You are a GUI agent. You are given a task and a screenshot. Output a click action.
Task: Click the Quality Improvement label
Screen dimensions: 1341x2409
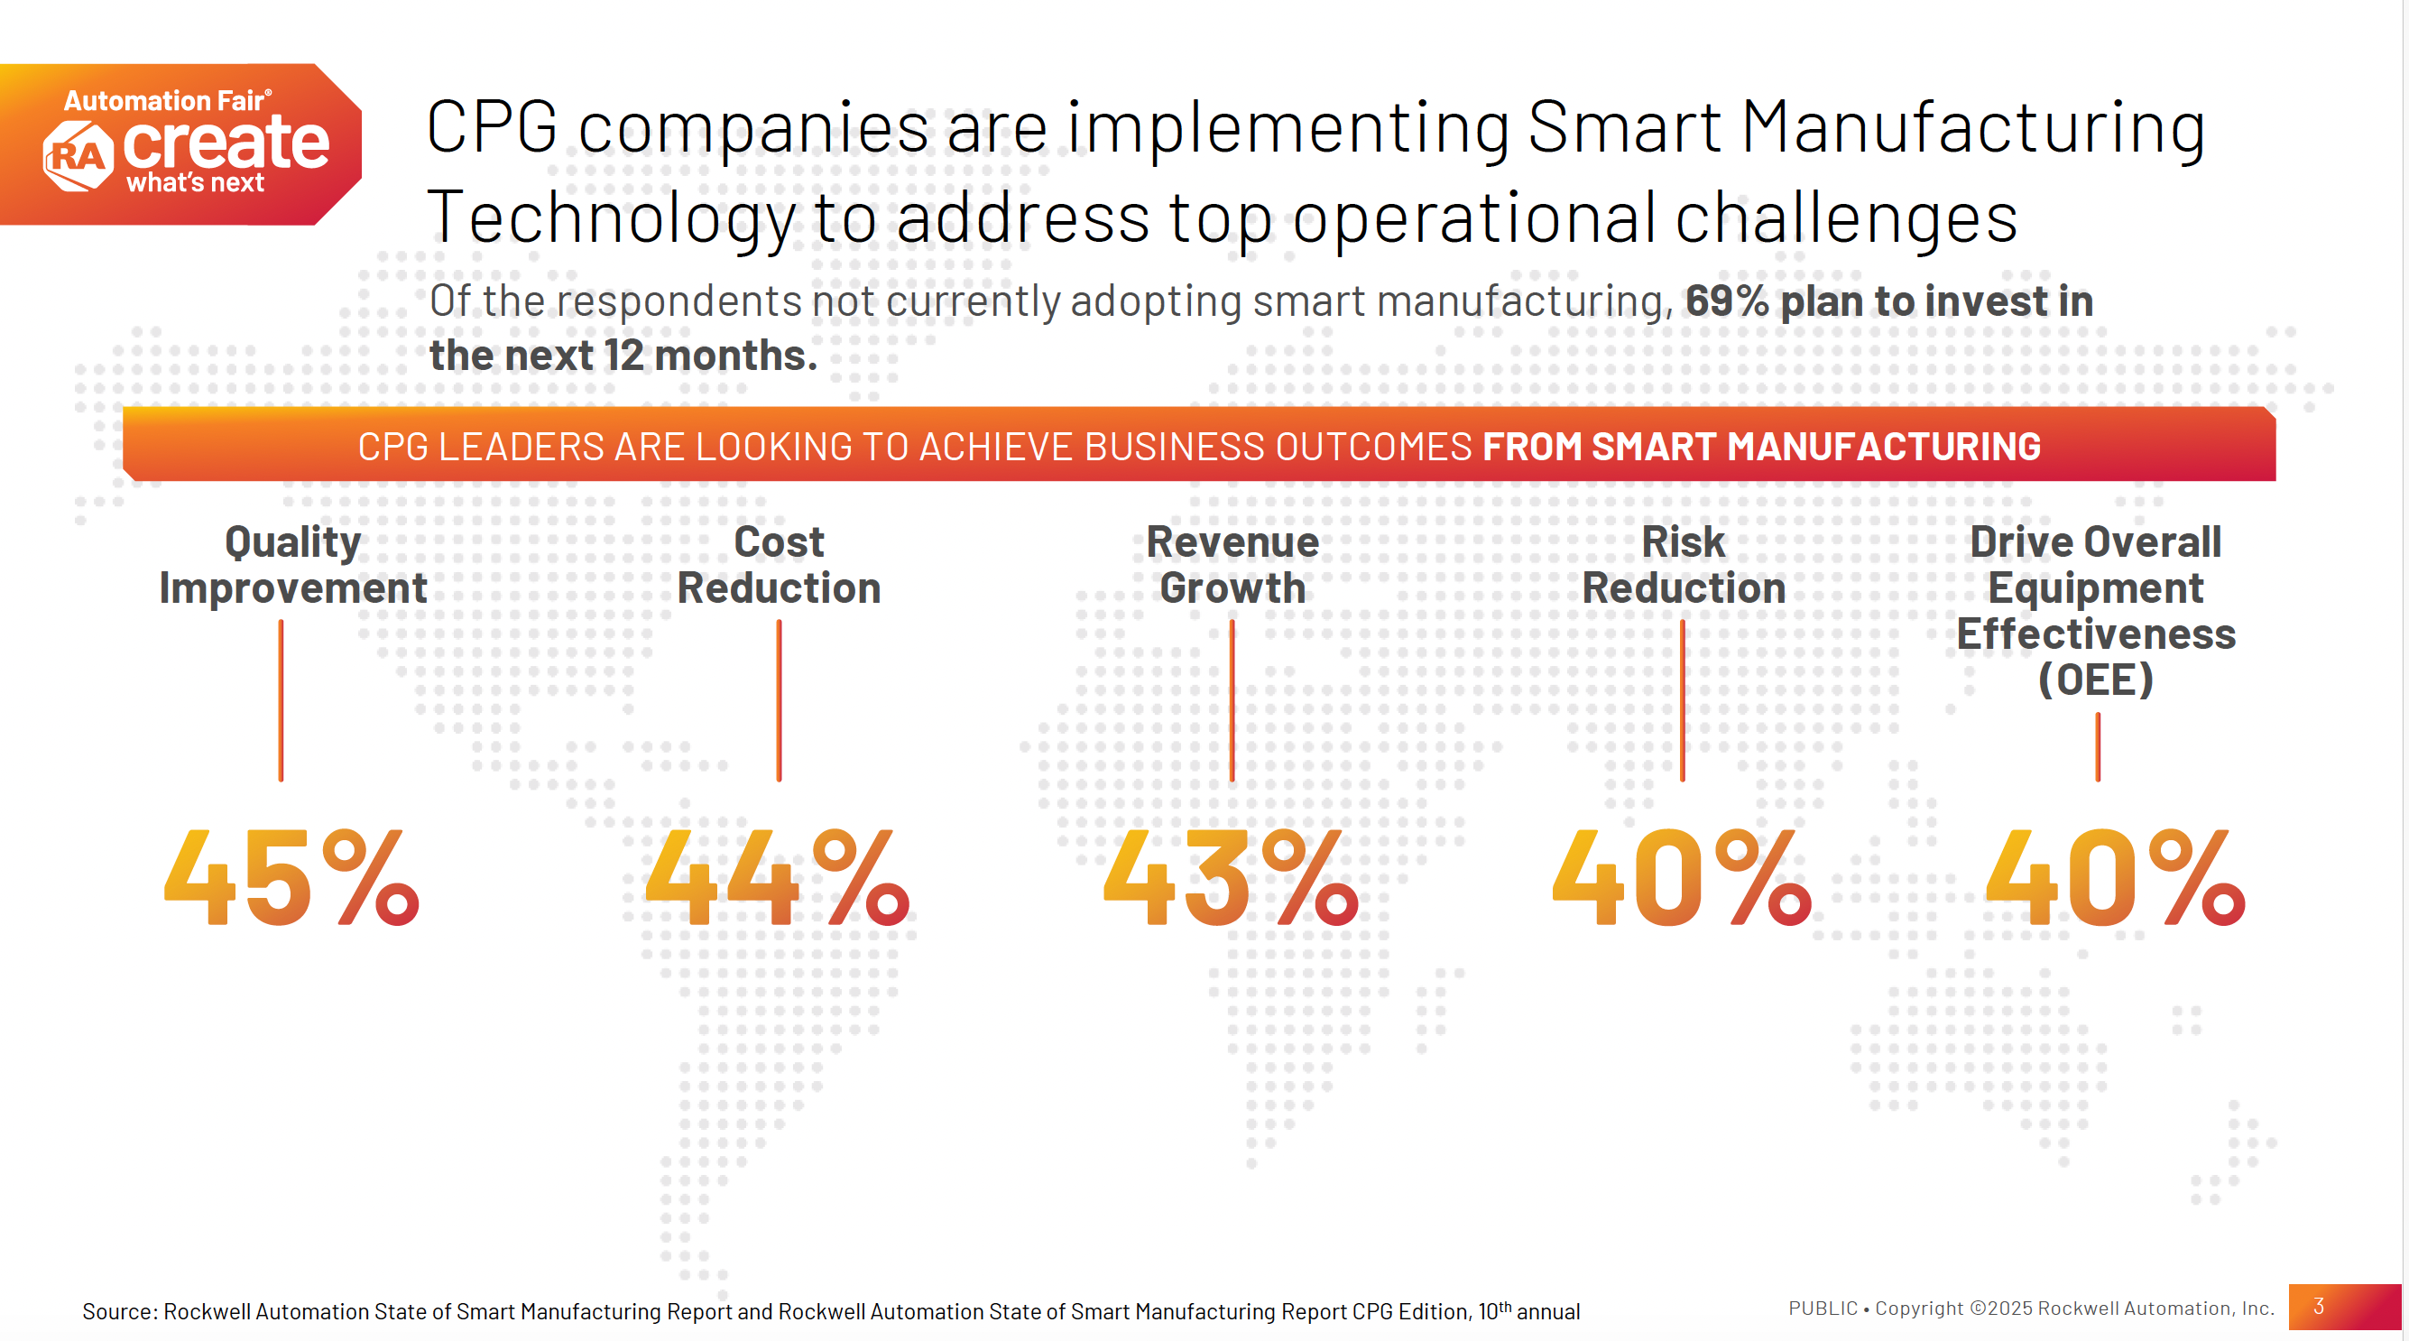click(x=292, y=565)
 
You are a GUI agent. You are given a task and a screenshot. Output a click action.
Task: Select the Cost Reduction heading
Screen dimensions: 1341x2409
click(x=779, y=565)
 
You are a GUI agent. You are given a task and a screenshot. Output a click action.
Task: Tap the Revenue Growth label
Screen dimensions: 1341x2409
click(x=1232, y=565)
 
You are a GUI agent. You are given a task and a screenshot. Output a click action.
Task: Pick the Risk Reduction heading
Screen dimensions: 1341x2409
click(x=1684, y=565)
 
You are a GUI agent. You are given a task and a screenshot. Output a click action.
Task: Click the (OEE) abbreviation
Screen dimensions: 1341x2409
click(x=2096, y=680)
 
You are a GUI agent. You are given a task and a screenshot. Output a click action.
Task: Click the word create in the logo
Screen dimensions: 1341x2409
click(x=226, y=143)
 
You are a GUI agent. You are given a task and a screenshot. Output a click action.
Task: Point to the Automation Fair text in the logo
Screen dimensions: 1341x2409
click(x=164, y=100)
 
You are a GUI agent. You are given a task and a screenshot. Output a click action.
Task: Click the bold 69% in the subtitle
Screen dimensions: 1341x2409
click(x=1726, y=301)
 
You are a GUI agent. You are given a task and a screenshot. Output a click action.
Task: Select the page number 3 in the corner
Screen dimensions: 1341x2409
click(x=2318, y=1307)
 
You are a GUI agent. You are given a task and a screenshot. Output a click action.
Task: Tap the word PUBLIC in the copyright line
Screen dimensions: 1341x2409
click(x=1823, y=1309)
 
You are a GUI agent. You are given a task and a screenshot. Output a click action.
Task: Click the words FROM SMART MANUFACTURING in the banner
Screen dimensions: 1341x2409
click(x=1761, y=446)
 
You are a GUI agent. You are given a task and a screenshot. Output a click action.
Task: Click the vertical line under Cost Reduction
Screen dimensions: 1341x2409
click(x=779, y=700)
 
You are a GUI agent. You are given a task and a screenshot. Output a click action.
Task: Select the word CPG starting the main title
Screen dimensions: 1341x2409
click(x=491, y=127)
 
